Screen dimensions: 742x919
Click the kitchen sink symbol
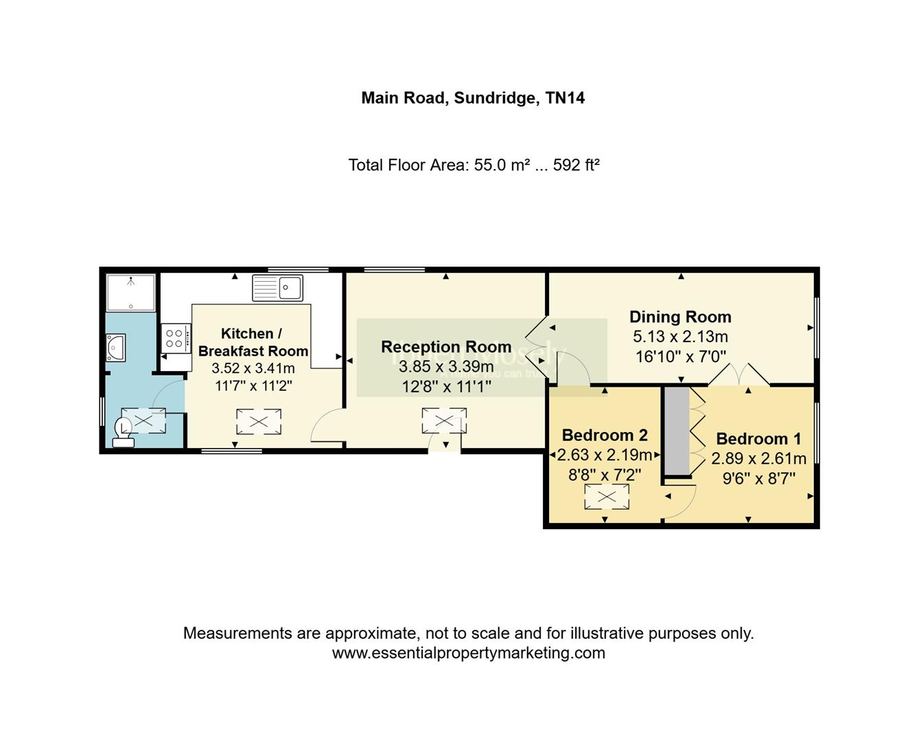[277, 288]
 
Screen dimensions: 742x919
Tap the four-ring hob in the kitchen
[175, 338]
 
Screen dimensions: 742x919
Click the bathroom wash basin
[115, 348]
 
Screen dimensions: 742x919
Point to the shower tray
[131, 293]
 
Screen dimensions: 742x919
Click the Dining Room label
[680, 317]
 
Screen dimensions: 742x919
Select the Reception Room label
[446, 347]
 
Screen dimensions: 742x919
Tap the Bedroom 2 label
[605, 435]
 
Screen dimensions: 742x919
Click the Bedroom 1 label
[758, 438]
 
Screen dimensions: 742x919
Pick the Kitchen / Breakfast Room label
[253, 342]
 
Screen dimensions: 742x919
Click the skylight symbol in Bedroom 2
[607, 497]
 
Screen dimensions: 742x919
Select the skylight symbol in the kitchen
[259, 422]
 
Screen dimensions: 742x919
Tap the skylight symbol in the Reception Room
[444, 420]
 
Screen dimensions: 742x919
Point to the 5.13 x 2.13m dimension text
[680, 337]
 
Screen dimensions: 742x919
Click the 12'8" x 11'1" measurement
[446, 387]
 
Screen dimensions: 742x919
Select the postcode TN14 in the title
[565, 98]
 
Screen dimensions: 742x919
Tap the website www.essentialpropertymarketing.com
[469, 653]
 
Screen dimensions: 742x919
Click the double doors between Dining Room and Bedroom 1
[738, 375]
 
